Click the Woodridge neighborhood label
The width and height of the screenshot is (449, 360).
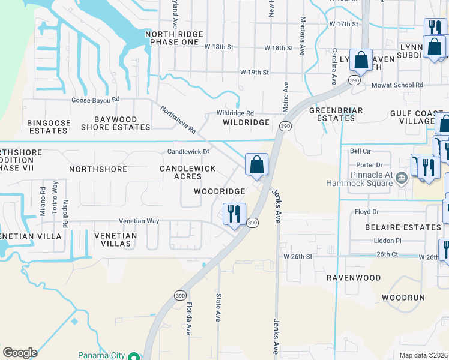[219, 191]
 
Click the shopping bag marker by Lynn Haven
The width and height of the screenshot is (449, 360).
[361, 61]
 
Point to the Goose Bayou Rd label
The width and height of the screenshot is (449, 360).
[96, 100]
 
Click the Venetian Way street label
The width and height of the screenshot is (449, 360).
[139, 221]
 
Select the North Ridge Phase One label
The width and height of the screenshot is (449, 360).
[172, 38]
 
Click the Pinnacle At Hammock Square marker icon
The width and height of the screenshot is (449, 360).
[402, 177]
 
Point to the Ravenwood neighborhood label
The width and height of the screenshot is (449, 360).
[354, 278]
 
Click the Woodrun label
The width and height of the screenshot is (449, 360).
[403, 297]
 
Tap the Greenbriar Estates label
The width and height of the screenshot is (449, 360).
[333, 114]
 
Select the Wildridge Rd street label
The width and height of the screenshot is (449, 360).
[235, 113]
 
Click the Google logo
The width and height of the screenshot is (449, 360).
[20, 353]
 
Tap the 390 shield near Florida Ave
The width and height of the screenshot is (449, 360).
[179, 295]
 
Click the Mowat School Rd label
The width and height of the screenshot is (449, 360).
[397, 85]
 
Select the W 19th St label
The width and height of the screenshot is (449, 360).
[255, 72]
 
